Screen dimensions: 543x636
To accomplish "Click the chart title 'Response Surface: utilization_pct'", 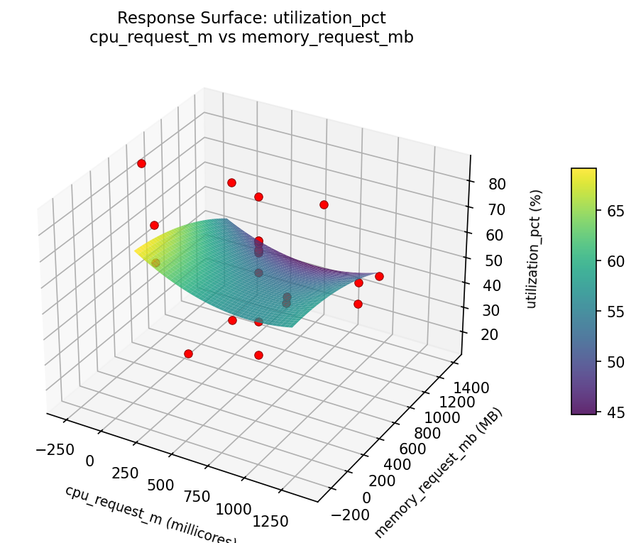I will click(x=251, y=18).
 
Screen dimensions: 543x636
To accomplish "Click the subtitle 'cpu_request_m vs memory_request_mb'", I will click(x=251, y=37).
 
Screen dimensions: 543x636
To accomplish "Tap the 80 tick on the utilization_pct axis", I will click(x=497, y=185).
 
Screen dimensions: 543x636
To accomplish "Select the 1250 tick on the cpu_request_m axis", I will click(x=270, y=522).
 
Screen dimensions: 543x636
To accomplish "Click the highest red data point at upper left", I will click(x=141, y=163).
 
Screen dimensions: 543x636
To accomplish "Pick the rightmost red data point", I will click(x=379, y=276).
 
